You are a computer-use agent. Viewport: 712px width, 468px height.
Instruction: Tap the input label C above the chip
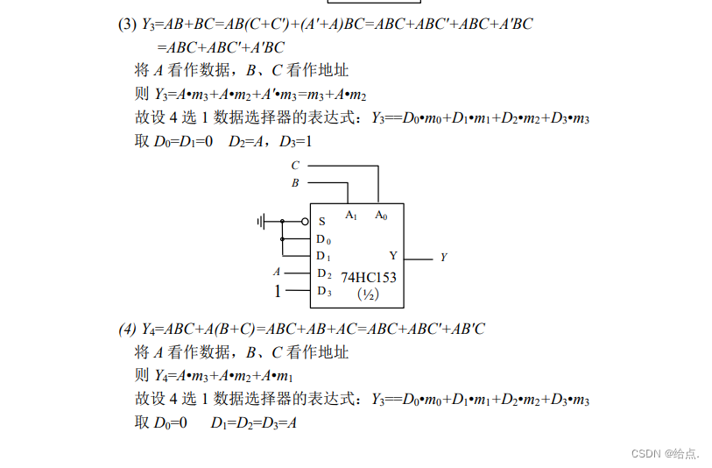(295, 166)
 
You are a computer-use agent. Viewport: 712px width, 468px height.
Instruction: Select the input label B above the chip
(295, 183)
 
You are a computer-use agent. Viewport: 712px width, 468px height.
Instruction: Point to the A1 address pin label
(351, 215)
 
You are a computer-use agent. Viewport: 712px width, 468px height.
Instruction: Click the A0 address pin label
(381, 215)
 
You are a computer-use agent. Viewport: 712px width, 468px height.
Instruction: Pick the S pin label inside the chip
(321, 222)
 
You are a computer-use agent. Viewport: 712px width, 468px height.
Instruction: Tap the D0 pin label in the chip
(323, 239)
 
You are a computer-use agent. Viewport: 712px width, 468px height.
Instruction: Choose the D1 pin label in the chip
(323, 256)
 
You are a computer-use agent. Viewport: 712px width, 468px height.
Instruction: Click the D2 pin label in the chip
(323, 273)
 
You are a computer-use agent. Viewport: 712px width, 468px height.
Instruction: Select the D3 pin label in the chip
(323, 291)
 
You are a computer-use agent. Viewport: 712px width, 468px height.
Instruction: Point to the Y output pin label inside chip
(393, 256)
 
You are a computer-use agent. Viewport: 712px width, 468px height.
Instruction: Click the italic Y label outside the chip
(443, 258)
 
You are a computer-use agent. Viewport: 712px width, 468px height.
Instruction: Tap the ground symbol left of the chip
(262, 221)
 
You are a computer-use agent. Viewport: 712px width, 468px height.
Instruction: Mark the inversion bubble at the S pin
(305, 222)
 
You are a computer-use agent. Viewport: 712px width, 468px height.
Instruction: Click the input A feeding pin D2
(277, 273)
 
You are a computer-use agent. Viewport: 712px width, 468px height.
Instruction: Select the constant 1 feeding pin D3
(278, 291)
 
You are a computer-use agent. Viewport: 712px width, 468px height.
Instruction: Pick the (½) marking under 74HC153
(368, 294)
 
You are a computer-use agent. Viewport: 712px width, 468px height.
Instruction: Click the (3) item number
(127, 25)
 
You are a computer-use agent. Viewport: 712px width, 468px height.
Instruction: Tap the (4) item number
(128, 330)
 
